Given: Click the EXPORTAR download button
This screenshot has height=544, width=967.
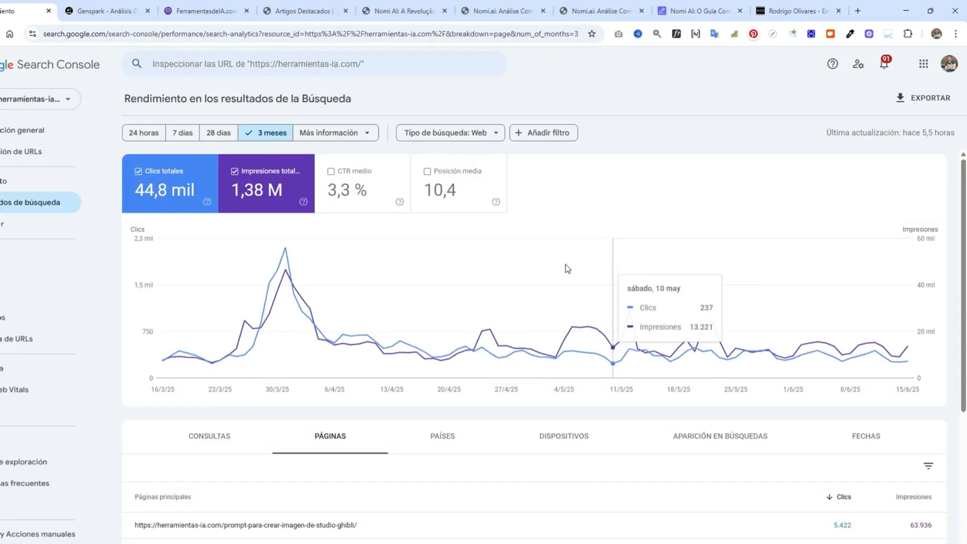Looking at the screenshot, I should click(x=923, y=98).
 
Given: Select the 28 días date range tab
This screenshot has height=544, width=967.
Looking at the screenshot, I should click(x=218, y=133).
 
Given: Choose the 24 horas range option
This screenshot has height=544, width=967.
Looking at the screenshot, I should click(x=144, y=133).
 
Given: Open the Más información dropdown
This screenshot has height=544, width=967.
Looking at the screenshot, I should click(x=335, y=133).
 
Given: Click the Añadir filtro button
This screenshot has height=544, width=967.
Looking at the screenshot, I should click(x=543, y=133).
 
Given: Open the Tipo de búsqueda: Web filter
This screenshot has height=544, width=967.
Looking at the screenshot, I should click(x=450, y=133).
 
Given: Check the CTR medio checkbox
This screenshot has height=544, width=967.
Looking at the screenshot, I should click(x=331, y=172).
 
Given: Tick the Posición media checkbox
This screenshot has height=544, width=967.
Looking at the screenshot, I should click(x=427, y=172).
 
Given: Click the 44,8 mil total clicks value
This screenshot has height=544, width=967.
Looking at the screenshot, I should click(x=164, y=190).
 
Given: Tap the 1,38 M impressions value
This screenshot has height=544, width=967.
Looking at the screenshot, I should click(x=257, y=190).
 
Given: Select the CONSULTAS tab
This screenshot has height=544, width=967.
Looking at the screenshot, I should click(x=209, y=436).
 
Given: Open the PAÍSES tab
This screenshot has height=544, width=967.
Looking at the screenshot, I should click(x=442, y=436).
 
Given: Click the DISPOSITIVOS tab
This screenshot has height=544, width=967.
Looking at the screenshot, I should click(x=564, y=436).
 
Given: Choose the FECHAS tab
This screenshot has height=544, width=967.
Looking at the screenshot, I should click(x=865, y=436).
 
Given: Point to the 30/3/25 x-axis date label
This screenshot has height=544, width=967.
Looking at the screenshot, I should click(x=277, y=389).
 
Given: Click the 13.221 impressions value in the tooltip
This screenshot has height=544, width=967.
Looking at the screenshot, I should click(x=701, y=327).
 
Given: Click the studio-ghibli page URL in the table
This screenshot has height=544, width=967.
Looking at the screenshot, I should click(x=245, y=525).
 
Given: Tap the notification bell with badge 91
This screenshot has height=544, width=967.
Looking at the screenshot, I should click(x=884, y=63).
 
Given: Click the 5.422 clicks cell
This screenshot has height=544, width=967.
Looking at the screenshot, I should click(x=842, y=525).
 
